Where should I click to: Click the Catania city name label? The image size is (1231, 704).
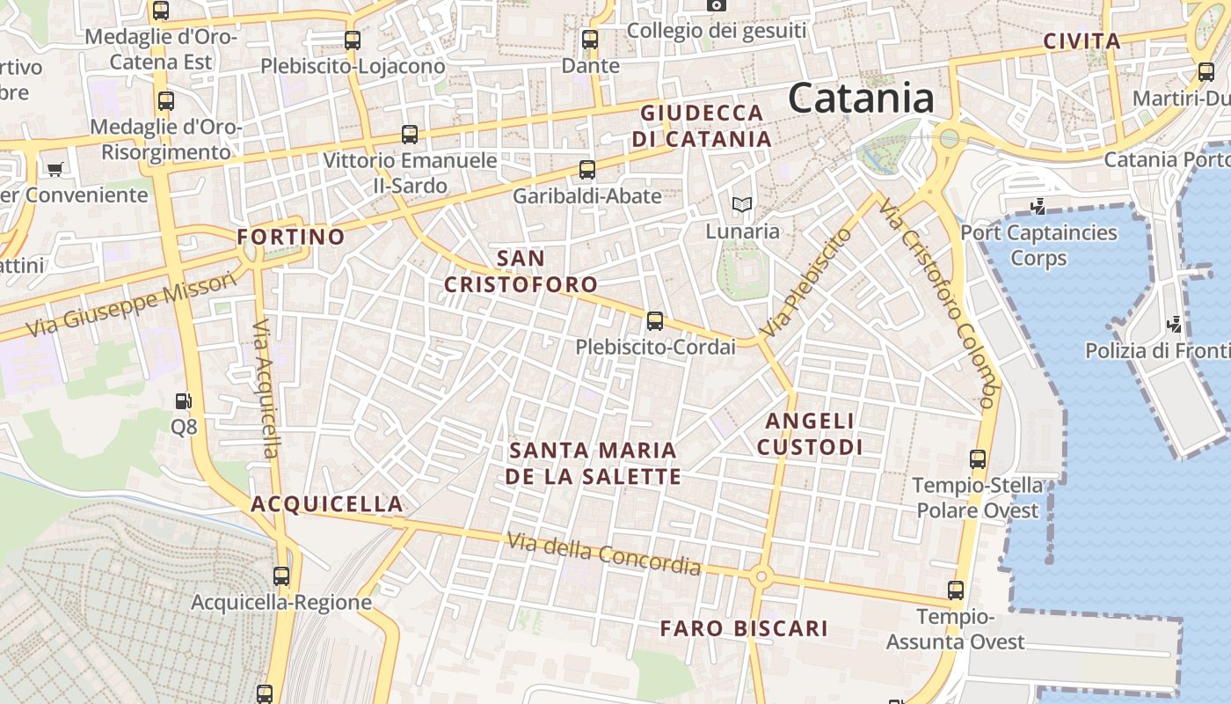click(860, 98)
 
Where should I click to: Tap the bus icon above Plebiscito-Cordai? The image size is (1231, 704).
click(655, 321)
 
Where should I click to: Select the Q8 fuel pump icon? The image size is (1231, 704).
click(183, 401)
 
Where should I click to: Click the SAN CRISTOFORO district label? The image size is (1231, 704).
click(521, 271)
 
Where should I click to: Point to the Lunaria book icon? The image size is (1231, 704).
click(742, 205)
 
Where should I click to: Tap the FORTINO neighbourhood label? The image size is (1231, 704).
click(291, 237)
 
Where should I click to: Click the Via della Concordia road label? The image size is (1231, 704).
click(604, 554)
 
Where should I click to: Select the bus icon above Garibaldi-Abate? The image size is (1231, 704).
click(587, 170)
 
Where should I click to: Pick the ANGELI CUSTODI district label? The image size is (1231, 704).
click(810, 434)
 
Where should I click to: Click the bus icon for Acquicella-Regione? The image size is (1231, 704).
click(281, 576)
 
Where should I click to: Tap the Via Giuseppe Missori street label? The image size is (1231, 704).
click(132, 304)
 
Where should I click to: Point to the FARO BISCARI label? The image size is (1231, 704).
click(744, 628)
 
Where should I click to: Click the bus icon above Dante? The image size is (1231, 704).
click(590, 40)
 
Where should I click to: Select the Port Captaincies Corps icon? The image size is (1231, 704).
click(1038, 207)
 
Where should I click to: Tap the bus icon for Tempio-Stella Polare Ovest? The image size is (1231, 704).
click(978, 458)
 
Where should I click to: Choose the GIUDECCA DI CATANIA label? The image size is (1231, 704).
click(702, 126)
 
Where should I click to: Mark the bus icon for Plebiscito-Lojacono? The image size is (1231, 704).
click(353, 40)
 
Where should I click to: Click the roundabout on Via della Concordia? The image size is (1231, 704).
click(761, 577)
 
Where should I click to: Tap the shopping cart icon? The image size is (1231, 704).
click(55, 169)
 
